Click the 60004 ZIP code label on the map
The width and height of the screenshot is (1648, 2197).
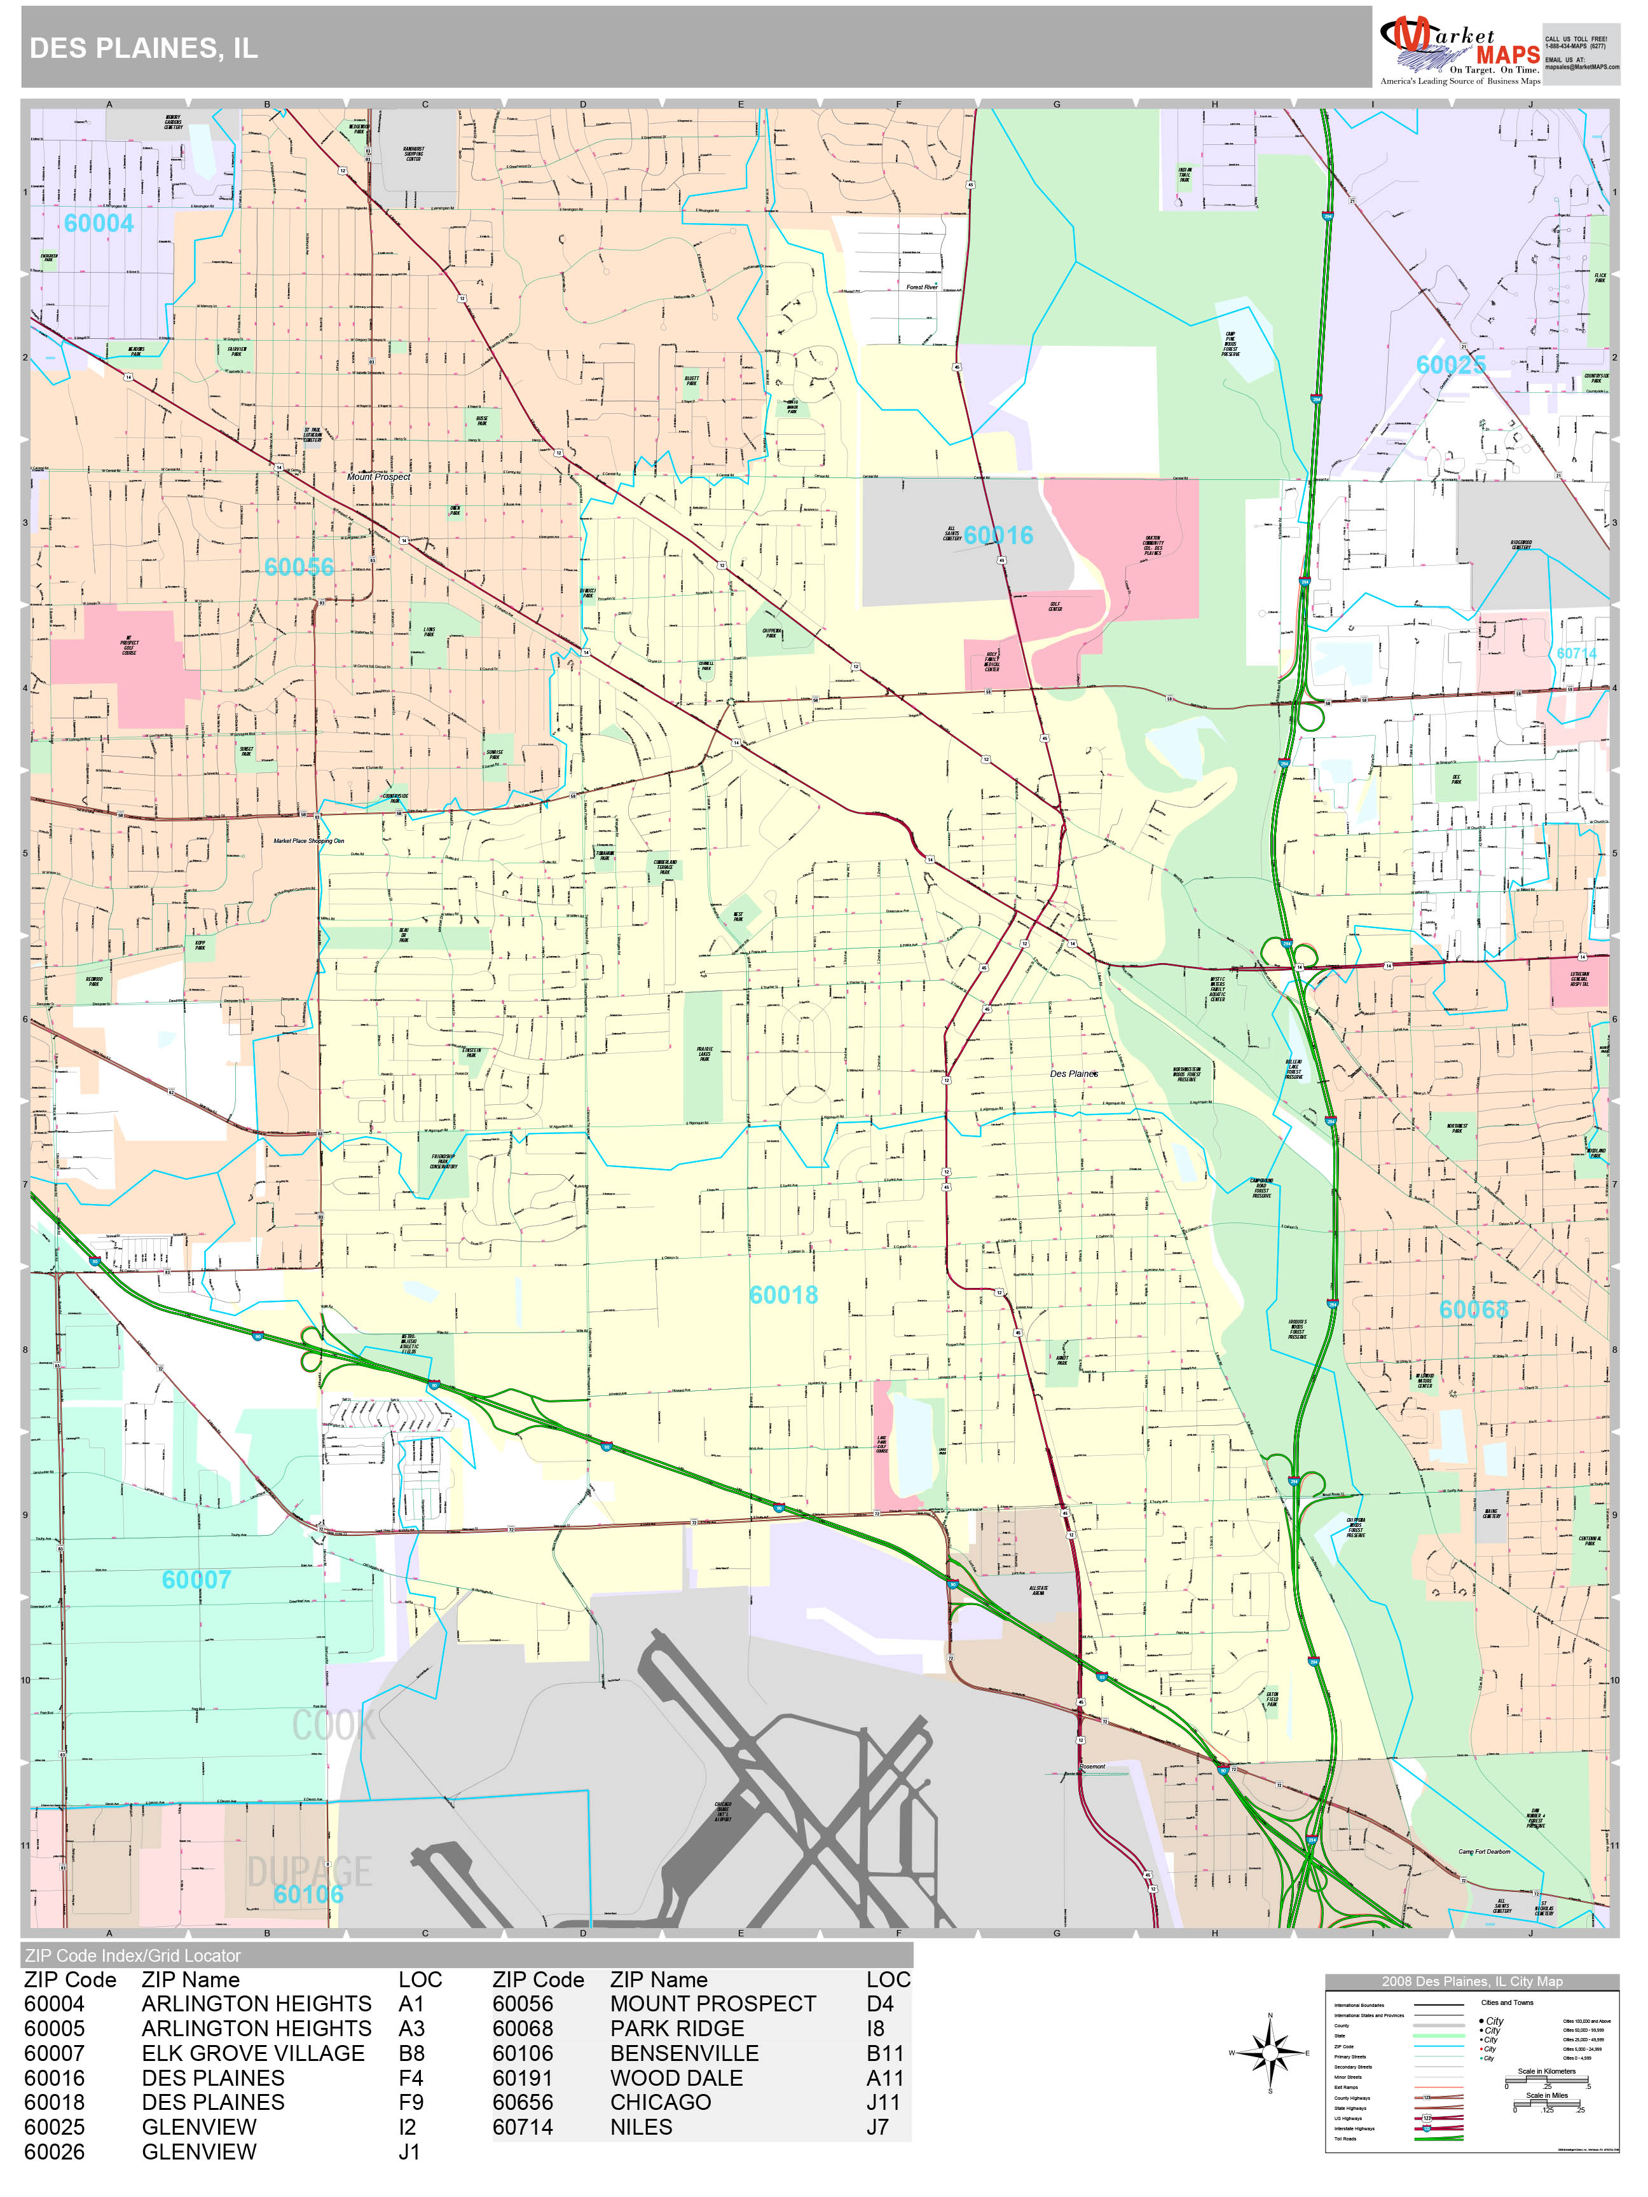(99, 224)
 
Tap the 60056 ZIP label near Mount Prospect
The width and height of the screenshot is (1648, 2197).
(299, 567)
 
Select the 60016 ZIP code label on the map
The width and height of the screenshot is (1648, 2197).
(998, 535)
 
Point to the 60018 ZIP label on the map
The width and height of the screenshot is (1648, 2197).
(784, 1295)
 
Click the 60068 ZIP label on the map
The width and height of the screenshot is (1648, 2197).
(1473, 1310)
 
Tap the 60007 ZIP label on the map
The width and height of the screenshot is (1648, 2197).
(196, 1580)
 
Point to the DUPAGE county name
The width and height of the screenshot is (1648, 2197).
(309, 1872)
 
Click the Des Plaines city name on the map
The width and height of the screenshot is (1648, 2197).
(1074, 1074)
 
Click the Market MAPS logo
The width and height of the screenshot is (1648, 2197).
(1459, 50)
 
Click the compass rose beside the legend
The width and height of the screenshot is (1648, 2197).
(1270, 2053)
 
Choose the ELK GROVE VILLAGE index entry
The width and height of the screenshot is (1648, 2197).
(253, 2053)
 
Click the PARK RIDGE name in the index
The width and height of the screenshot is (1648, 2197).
(676, 2028)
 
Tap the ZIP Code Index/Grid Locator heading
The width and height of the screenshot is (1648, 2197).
(133, 1955)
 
